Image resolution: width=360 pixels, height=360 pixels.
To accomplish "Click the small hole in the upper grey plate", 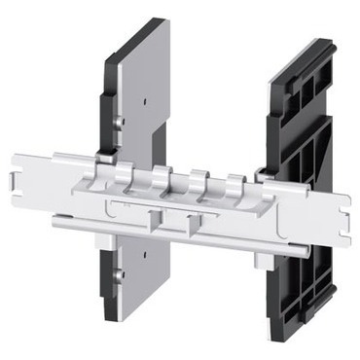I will tap(143, 97).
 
